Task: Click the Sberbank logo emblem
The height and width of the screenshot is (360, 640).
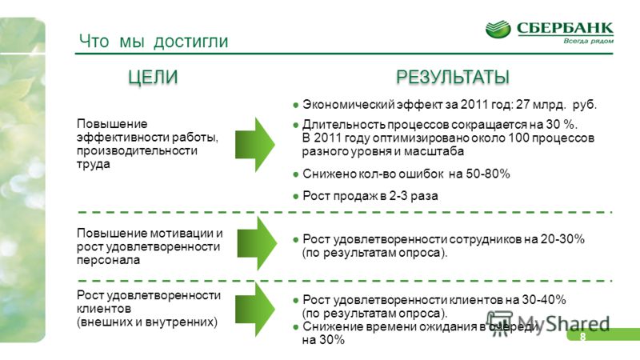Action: click(498, 30)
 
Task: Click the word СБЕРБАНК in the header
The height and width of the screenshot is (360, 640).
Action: click(565, 28)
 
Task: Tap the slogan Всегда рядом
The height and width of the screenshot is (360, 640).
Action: click(588, 41)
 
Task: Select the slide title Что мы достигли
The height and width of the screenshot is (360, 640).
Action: click(154, 42)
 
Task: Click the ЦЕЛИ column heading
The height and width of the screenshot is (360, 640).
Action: click(153, 77)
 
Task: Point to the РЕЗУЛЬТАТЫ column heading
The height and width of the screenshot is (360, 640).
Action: click(453, 77)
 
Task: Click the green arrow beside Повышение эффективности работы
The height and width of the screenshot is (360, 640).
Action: click(255, 145)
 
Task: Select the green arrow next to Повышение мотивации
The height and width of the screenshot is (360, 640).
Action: click(257, 243)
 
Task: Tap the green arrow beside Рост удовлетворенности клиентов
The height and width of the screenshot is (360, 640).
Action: click(255, 309)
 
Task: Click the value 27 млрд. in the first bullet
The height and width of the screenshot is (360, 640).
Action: click(542, 105)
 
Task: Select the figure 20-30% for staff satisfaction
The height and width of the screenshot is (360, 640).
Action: click(562, 239)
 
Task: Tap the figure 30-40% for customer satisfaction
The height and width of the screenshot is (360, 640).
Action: click(544, 300)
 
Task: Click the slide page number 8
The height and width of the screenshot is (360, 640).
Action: click(582, 336)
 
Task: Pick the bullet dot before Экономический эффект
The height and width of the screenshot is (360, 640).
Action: click(296, 106)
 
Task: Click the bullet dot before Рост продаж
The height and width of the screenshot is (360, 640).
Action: click(296, 196)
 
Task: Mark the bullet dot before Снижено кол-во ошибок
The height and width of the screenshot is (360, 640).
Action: click(296, 174)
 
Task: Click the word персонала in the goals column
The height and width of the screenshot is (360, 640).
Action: click(108, 260)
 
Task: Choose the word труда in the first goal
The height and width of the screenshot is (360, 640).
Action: click(94, 165)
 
